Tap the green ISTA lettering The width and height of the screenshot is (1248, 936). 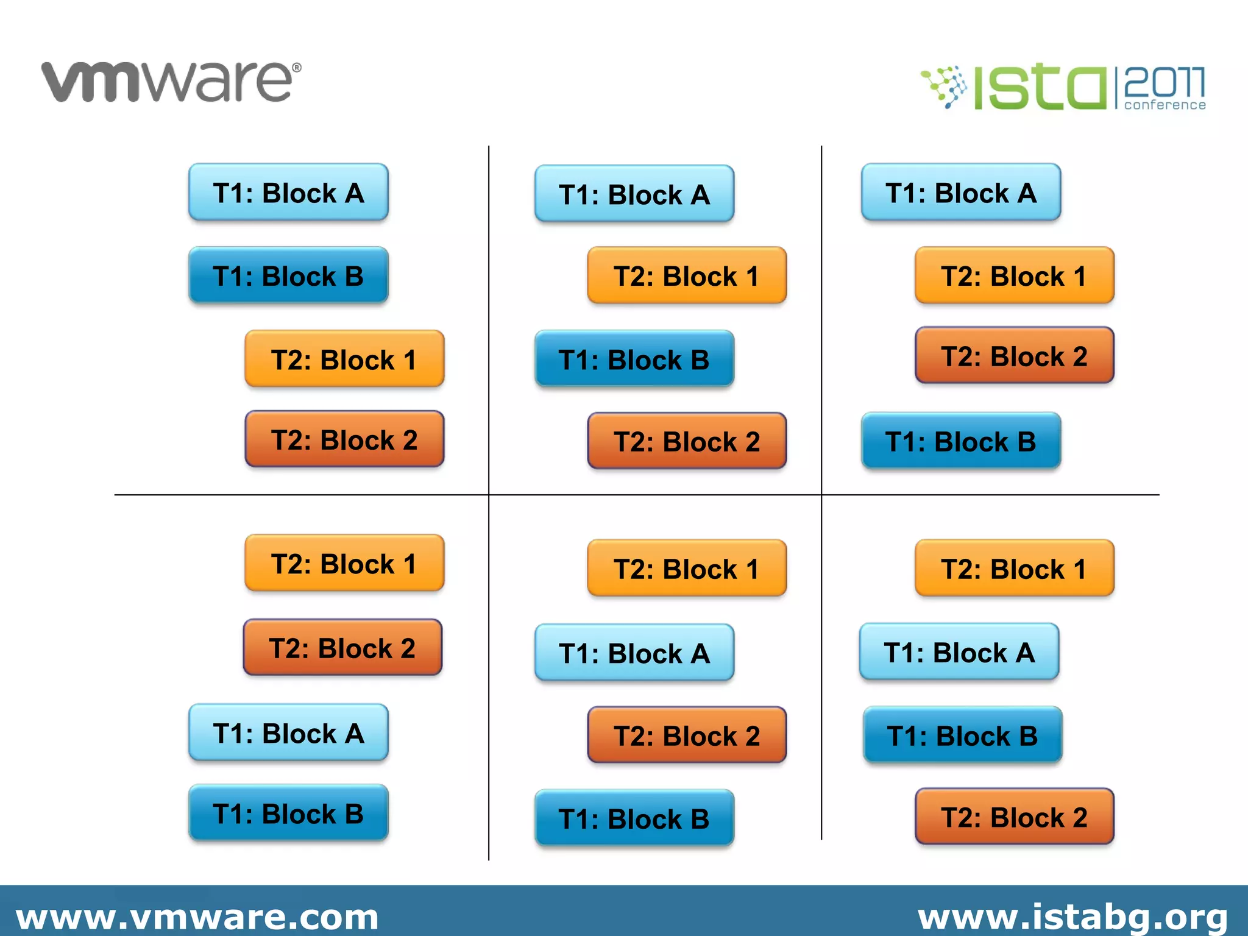1039,88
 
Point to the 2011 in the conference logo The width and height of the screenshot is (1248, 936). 1164,82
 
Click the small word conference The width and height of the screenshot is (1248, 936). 1165,105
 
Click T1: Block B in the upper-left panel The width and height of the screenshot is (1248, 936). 288,276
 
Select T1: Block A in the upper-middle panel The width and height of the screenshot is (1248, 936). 634,194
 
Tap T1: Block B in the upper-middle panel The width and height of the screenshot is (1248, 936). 634,360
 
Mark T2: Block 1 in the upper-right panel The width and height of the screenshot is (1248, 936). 1014,276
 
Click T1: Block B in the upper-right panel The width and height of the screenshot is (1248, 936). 961,441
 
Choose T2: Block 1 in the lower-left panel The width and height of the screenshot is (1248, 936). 344,564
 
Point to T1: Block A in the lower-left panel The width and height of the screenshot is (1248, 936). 288,733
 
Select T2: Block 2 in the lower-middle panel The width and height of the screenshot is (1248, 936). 687,736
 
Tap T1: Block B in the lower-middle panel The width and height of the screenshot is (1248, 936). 634,818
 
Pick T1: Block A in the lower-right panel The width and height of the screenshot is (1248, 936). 959,652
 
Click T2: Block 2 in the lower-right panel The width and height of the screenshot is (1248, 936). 1014,817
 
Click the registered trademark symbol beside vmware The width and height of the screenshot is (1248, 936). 297,68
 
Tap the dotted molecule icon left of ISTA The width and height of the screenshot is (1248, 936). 945,87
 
